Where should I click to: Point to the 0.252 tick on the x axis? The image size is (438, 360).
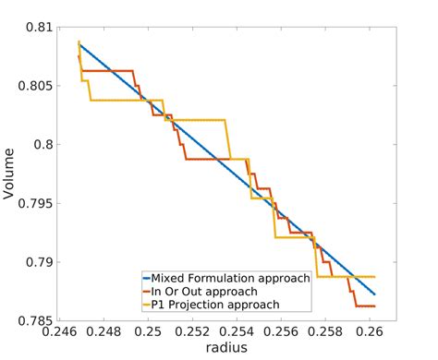193,333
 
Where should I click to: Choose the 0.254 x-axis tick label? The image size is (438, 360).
237,333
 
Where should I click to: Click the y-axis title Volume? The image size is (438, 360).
12,174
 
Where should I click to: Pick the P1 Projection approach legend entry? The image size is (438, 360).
216,304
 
